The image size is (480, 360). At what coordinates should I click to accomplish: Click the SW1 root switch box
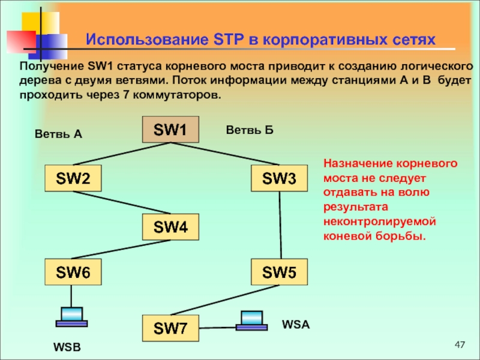[x=170, y=130]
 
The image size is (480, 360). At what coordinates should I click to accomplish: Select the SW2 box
[x=74, y=178]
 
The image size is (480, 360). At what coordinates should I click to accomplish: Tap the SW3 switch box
[x=279, y=178]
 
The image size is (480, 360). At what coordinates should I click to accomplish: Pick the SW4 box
[x=170, y=227]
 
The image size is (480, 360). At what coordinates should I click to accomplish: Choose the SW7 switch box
[x=170, y=328]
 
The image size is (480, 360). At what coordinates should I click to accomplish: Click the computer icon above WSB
[x=72, y=316]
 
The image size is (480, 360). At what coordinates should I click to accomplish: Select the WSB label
[x=67, y=348]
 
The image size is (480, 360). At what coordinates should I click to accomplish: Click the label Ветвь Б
[x=249, y=129]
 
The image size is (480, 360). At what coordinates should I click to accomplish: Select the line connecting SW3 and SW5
[x=280, y=226]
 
